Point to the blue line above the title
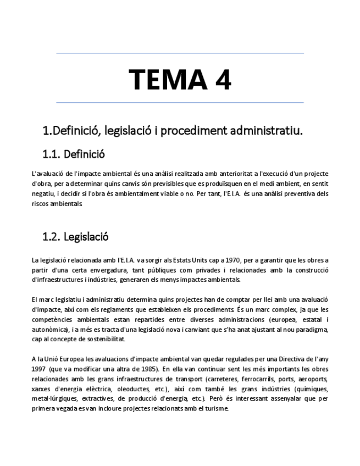click(x=180, y=53)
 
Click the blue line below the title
click(x=180, y=103)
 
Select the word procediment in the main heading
click(x=199, y=131)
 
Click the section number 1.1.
click(x=52, y=154)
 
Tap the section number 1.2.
click(x=52, y=237)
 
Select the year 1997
click(x=38, y=369)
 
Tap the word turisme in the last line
click(x=215, y=409)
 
